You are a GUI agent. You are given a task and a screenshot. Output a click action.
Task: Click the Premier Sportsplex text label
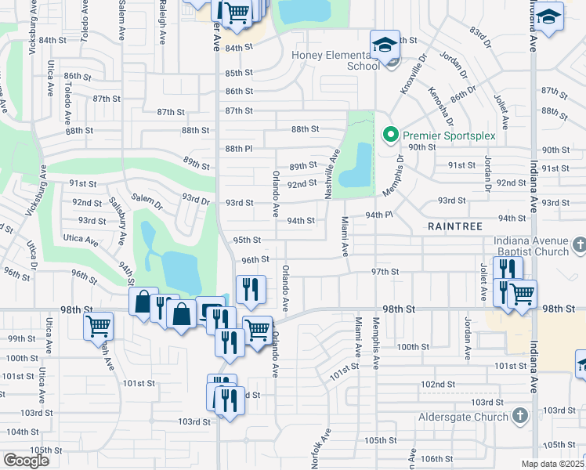[450, 136]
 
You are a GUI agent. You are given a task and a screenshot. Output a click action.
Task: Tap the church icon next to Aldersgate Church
[518, 416]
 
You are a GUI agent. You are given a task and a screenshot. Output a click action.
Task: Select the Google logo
[26, 461]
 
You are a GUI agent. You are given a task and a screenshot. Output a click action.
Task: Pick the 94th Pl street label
[381, 215]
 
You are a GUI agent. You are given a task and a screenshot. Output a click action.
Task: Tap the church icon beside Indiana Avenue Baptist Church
[579, 246]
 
